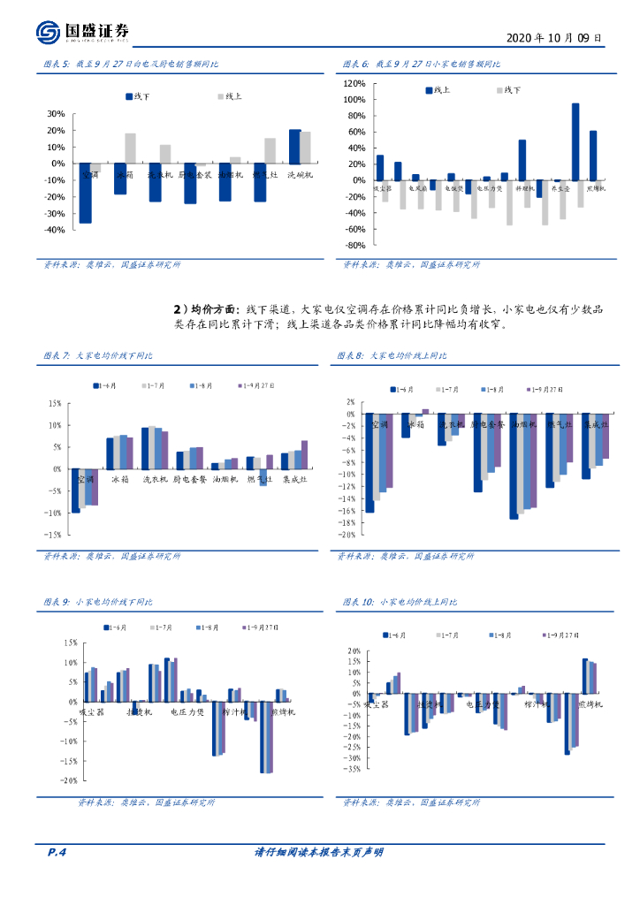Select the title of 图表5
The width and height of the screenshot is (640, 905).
click(x=132, y=65)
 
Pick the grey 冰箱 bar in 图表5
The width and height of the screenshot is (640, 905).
click(x=131, y=148)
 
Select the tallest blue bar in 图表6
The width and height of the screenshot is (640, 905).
click(x=575, y=141)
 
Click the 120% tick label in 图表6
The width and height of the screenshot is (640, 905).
click(x=354, y=83)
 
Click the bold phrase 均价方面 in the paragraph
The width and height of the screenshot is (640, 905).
click(x=212, y=309)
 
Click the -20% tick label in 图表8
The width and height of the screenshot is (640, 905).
click(x=347, y=535)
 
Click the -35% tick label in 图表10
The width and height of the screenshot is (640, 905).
click(x=353, y=769)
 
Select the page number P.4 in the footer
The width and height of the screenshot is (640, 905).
click(x=56, y=852)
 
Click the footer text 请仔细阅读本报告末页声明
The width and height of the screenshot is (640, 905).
click(x=319, y=852)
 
